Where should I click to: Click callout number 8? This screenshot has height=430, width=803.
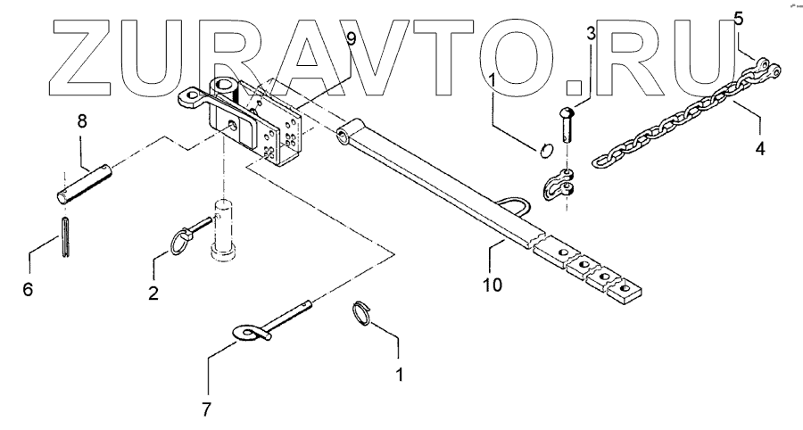click(x=81, y=121)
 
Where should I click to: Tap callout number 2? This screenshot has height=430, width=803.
click(x=153, y=292)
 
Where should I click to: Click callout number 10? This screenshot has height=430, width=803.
click(x=493, y=285)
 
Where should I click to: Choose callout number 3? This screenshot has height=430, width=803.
click(x=589, y=35)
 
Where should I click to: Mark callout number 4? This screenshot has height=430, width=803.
click(x=760, y=150)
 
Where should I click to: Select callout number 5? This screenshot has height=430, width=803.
click(x=738, y=17)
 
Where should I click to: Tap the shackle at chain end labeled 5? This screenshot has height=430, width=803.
click(x=763, y=66)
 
